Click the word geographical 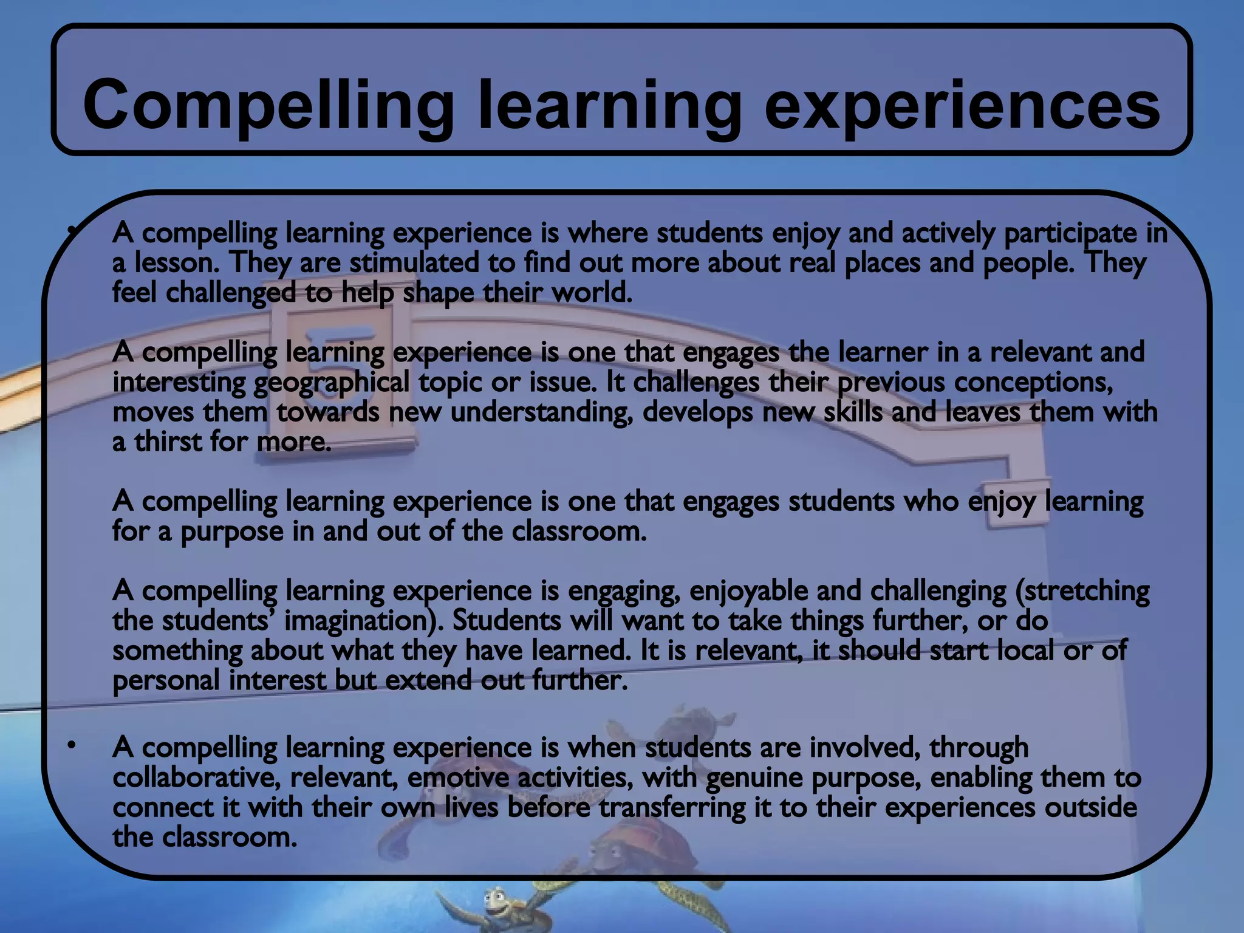(x=331, y=383)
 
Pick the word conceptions (x=1033, y=382)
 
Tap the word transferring (x=672, y=808)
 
